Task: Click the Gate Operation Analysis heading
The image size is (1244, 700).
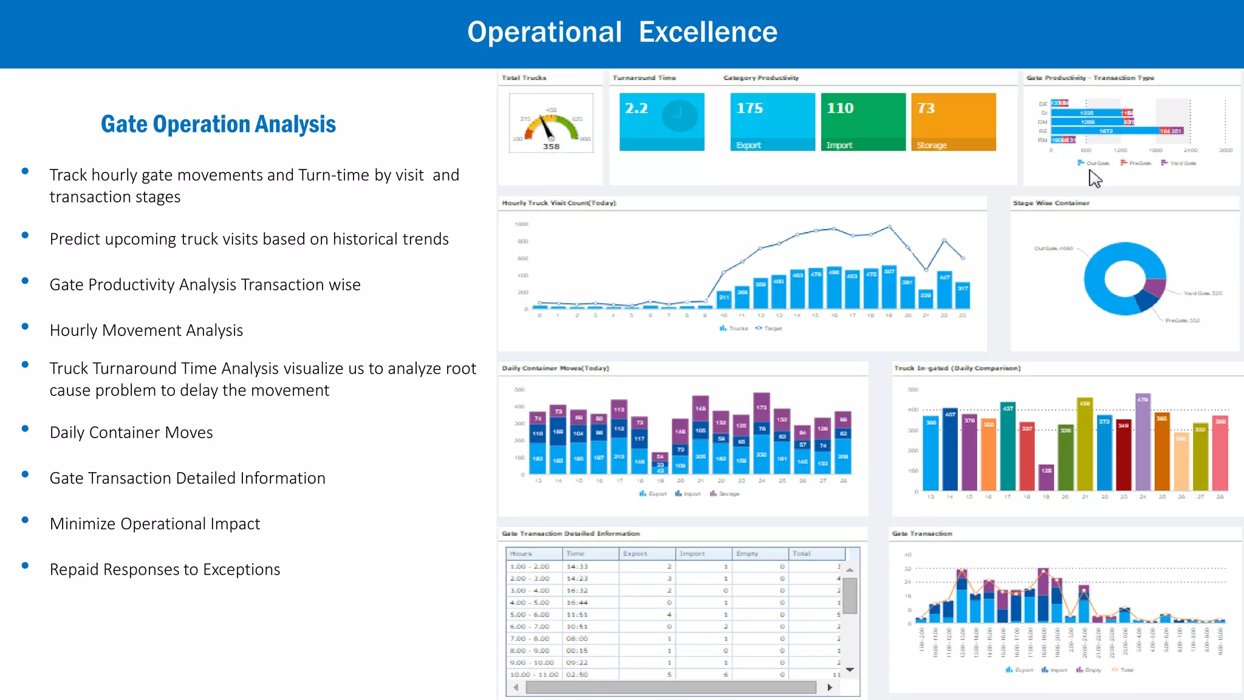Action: [218, 125]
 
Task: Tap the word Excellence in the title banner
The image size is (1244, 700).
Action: [708, 32]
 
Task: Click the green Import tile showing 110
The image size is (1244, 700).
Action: [863, 121]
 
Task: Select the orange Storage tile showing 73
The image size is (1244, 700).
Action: [953, 121]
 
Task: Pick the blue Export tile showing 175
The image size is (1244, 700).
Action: [772, 121]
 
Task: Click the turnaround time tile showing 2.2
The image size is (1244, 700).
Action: [661, 121]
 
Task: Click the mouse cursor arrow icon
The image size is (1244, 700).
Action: [1095, 179]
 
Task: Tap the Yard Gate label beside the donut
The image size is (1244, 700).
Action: [1202, 293]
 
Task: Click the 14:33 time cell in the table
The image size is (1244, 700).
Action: [577, 566]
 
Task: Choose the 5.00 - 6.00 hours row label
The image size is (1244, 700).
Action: [530, 614]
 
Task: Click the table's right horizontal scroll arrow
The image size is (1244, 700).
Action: [830, 687]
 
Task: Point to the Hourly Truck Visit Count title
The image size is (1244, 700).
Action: [559, 203]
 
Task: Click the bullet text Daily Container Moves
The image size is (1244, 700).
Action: [131, 433]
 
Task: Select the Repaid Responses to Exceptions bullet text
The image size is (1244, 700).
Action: [165, 569]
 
